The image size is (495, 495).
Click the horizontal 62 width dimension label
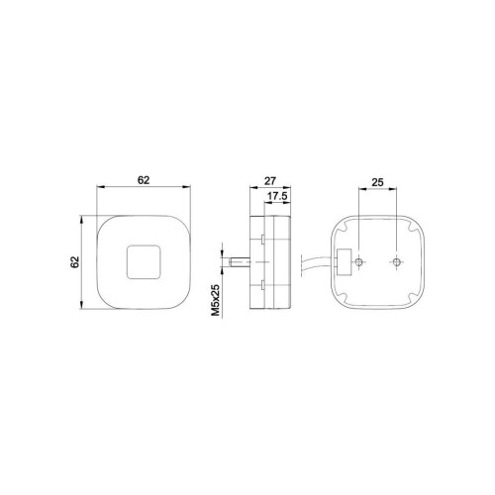(x=144, y=180)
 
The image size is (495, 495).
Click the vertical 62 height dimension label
(x=76, y=261)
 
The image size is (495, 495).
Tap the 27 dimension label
(x=270, y=181)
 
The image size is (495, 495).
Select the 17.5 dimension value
(x=277, y=196)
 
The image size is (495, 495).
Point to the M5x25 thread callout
(x=215, y=301)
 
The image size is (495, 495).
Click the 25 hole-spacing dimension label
(x=377, y=182)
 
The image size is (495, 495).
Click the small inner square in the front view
(x=144, y=262)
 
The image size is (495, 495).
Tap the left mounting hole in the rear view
(x=358, y=262)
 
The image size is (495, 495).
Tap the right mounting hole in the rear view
(x=397, y=262)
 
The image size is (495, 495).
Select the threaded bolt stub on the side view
(x=240, y=262)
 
